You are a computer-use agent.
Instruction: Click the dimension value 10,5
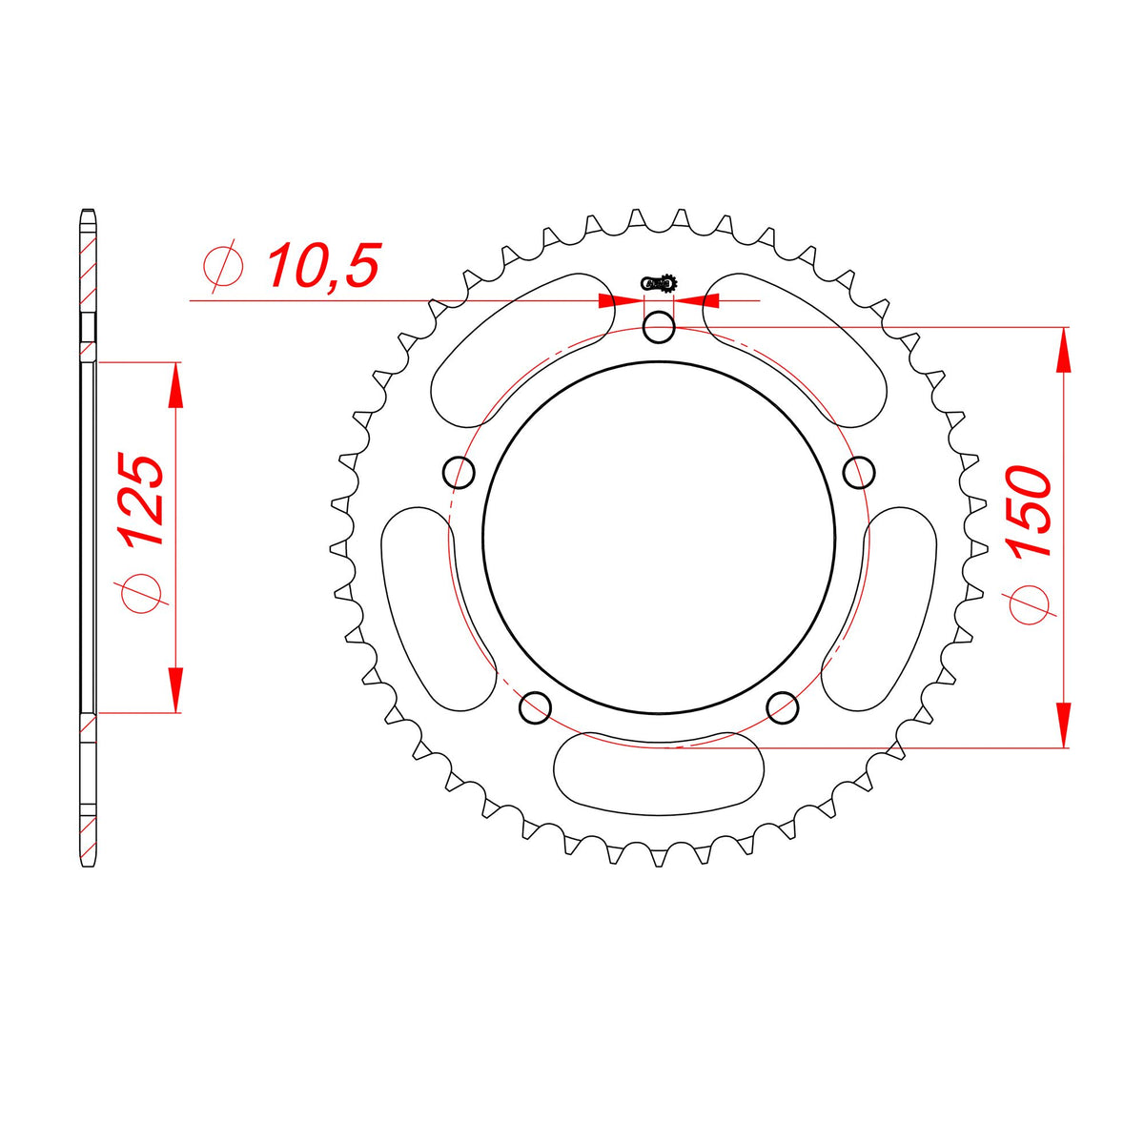tap(323, 265)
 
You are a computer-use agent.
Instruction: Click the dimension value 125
tap(141, 500)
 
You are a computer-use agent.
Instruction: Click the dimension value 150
tap(1030, 512)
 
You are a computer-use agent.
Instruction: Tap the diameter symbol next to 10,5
tap(223, 266)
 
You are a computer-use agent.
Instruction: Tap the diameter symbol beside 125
tap(142, 592)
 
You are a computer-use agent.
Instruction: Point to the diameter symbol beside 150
tap(1030, 605)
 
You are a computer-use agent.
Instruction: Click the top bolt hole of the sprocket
tap(659, 328)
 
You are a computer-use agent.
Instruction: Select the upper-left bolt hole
tap(459, 473)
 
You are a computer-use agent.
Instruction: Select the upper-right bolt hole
tap(858, 473)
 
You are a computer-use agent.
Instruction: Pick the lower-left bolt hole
tap(535, 707)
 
